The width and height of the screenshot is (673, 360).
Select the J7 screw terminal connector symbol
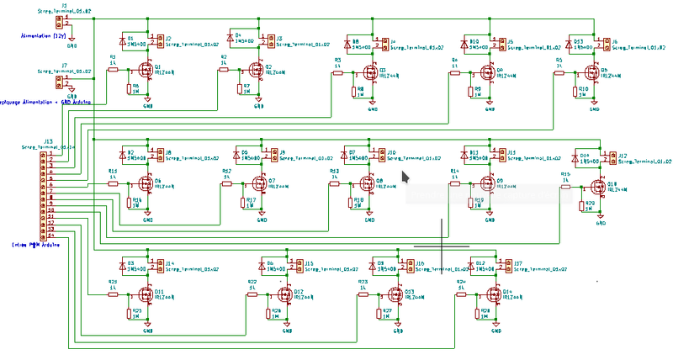(60, 82)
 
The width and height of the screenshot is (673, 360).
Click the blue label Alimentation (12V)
(45, 35)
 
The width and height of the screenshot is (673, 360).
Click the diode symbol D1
(124, 41)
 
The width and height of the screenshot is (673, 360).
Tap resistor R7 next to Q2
(237, 87)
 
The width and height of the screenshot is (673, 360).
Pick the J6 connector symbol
(599, 43)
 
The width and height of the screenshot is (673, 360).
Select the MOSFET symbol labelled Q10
(599, 187)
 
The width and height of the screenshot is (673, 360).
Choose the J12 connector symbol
(607, 158)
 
